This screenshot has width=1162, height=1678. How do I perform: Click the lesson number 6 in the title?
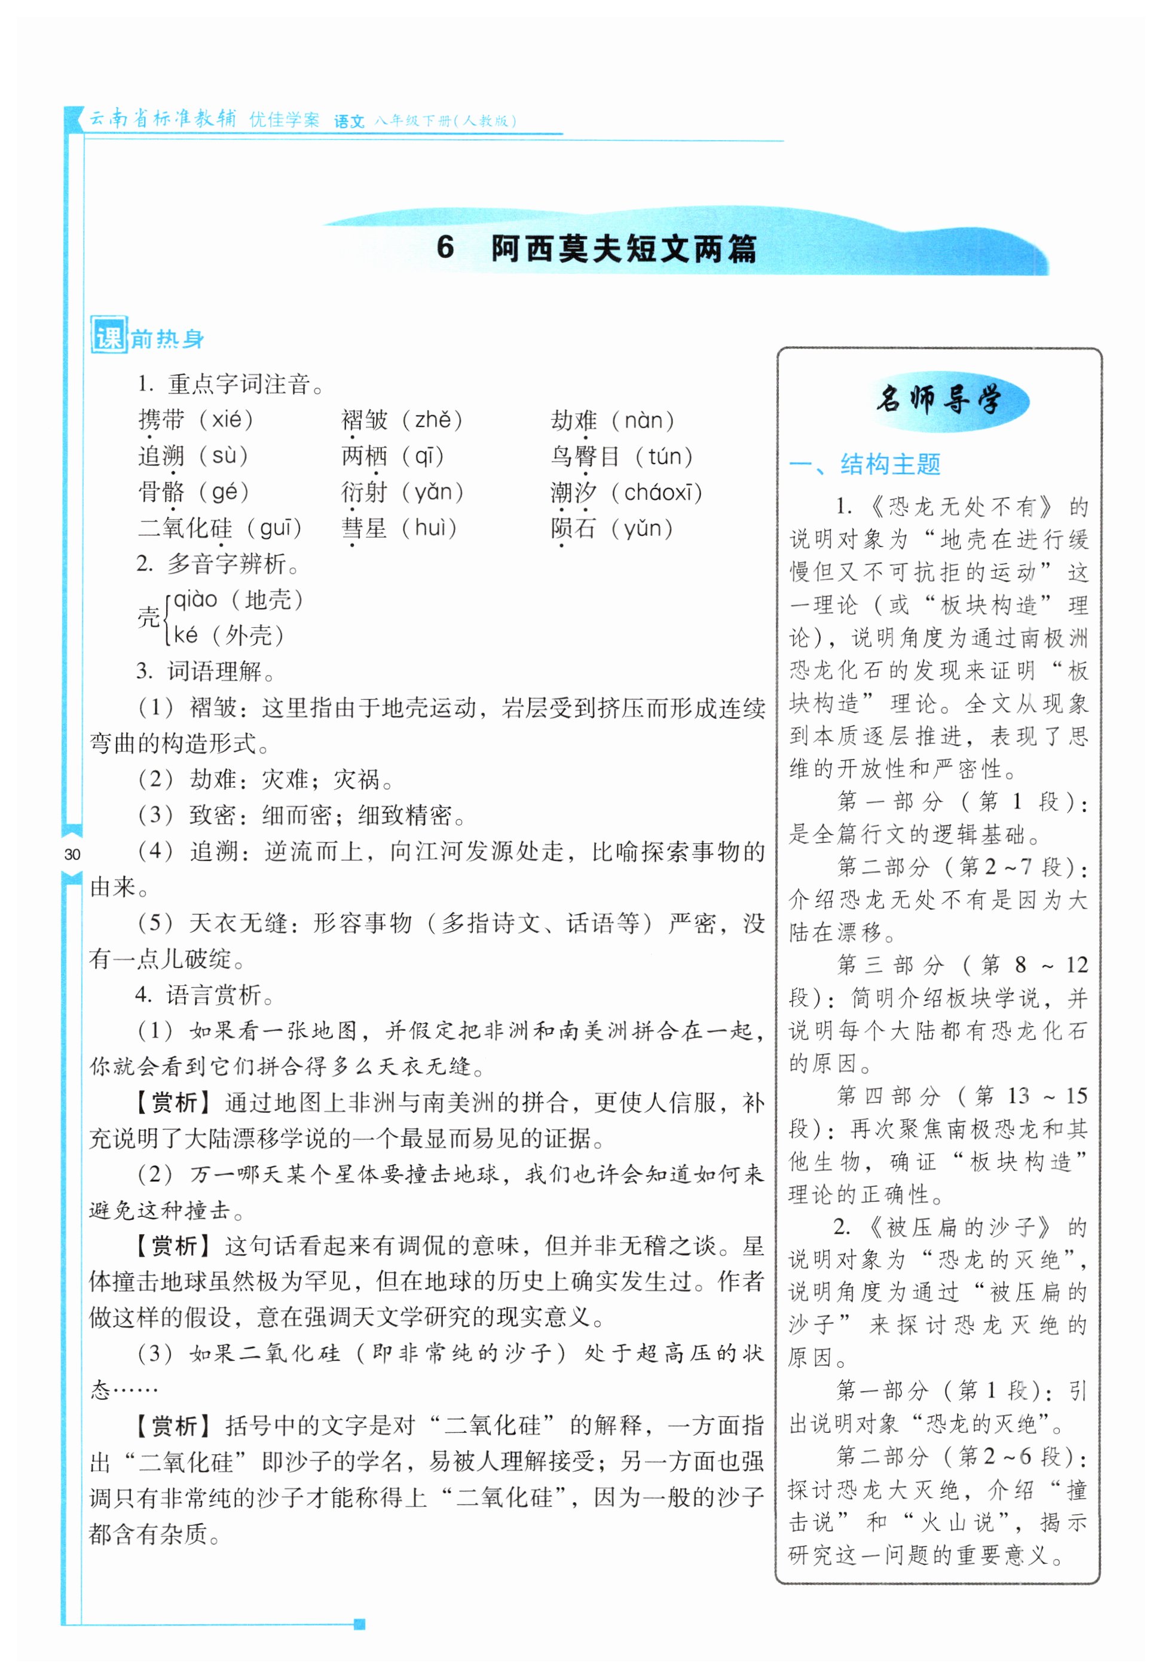coord(445,248)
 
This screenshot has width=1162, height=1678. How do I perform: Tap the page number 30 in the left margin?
coord(72,855)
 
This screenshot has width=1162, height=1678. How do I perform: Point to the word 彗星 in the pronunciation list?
coord(364,528)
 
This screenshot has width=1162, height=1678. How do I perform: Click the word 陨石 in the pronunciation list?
coord(574,528)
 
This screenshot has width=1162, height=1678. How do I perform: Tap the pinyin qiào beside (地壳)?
coord(195,599)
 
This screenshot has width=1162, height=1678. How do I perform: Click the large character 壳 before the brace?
coord(148,618)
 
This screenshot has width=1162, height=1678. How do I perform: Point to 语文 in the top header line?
coord(348,121)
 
